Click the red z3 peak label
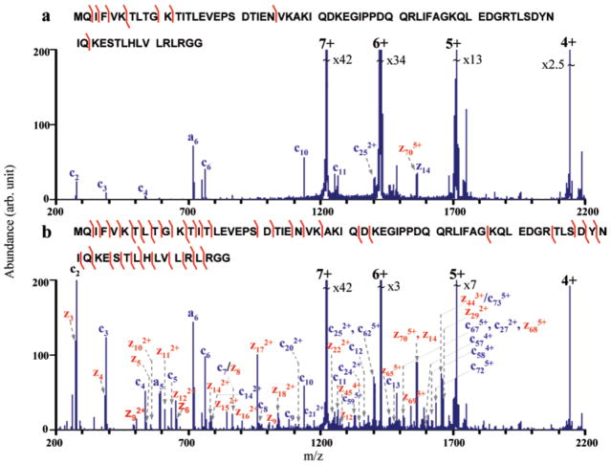[68, 316]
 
